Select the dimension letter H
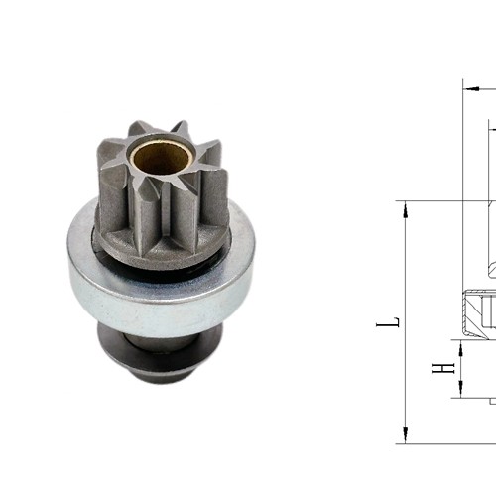pos(448,368)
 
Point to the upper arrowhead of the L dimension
pos(406,206)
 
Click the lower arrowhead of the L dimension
pos(406,437)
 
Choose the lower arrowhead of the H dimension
pos(462,393)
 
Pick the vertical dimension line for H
pos(462,368)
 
